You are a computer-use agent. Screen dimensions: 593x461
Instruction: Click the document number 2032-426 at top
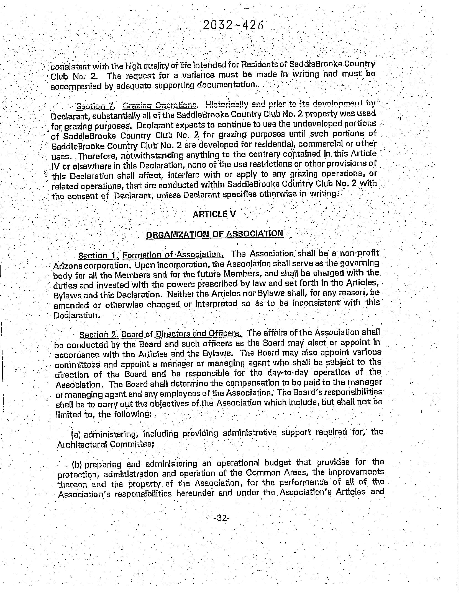(x=233, y=25)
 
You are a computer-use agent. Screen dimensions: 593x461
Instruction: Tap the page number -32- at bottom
(x=222, y=518)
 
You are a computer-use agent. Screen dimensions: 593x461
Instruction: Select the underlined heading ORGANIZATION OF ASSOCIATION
(x=215, y=234)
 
